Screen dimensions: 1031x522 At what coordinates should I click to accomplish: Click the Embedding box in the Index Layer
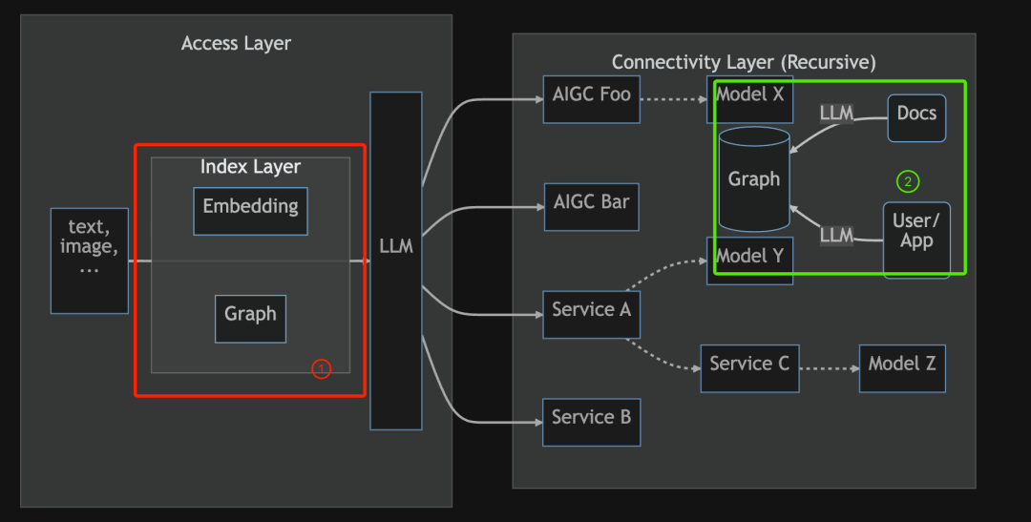[x=250, y=211]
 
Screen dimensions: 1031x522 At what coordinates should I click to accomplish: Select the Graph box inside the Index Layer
[x=250, y=319]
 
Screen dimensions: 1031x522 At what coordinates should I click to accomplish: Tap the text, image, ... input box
[x=90, y=261]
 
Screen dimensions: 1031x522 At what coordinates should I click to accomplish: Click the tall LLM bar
[x=396, y=261]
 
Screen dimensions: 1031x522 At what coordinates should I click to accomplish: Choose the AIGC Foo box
[x=591, y=99]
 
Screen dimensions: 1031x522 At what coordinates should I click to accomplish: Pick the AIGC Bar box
[x=591, y=207]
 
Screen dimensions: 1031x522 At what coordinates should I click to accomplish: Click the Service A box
[x=591, y=314]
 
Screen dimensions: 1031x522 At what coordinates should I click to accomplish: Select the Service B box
[x=591, y=422]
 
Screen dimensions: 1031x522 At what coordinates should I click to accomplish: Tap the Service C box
[x=749, y=368]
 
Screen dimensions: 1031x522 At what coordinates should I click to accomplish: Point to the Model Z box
[x=902, y=368]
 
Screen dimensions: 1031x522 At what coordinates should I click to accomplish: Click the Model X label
[x=749, y=94]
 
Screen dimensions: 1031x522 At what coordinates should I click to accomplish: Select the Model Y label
[x=749, y=256]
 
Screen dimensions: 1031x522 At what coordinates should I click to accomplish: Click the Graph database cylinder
[x=754, y=178]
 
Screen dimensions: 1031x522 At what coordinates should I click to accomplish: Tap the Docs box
[x=916, y=118]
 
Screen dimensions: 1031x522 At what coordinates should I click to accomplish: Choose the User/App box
[x=916, y=240]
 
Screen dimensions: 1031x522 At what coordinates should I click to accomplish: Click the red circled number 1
[x=321, y=369]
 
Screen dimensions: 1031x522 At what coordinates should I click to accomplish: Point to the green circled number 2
[x=908, y=181]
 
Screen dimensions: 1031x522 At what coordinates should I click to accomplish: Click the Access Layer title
[x=236, y=43]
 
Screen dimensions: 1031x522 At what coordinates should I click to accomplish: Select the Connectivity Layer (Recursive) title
[x=744, y=62]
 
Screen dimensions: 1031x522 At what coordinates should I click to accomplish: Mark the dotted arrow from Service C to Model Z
[x=830, y=368]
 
